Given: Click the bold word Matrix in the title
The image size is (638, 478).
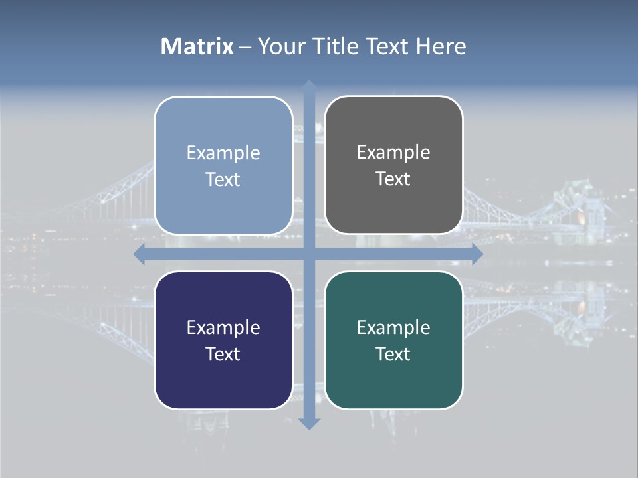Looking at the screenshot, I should coord(197,46).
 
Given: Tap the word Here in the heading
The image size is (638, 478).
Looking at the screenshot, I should coord(441,46).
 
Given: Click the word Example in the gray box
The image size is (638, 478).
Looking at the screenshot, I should coord(393,153).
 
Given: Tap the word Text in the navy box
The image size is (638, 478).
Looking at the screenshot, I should coord(223,354).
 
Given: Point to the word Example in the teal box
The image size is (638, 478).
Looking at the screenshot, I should coord(393,327).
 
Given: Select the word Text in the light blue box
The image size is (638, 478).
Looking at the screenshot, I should coord(223,179).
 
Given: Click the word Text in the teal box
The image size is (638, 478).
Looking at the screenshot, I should coord(393,354).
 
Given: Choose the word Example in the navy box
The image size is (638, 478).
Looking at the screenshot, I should coord(223,327).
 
